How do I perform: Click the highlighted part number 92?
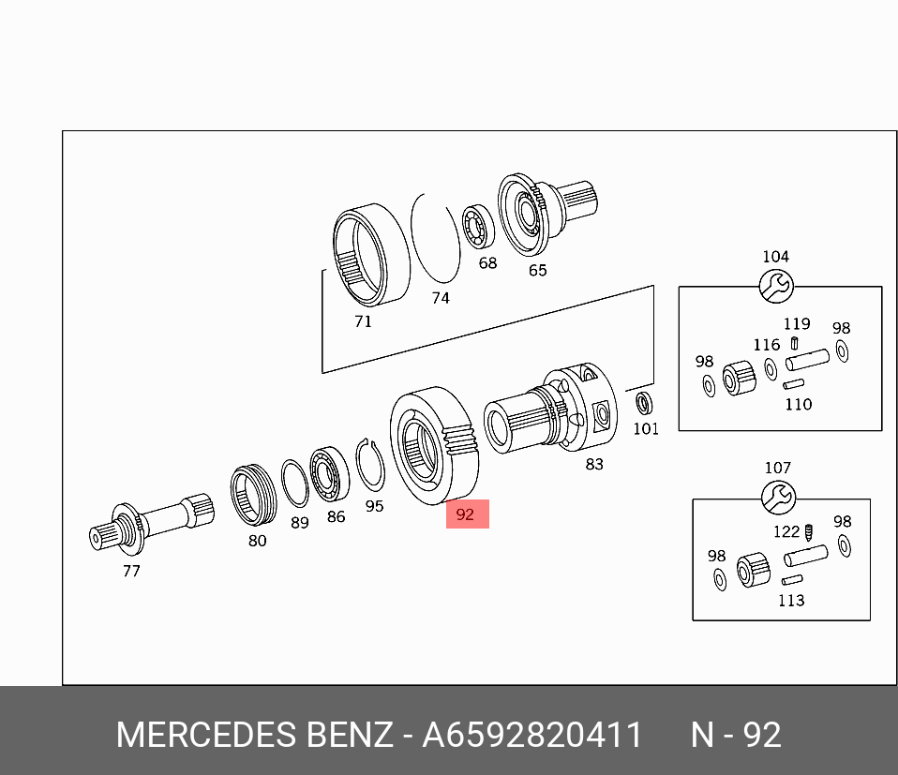pos(467,514)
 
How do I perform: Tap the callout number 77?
pos(131,570)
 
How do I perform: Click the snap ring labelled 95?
pos(370,464)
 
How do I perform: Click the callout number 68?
pos(487,262)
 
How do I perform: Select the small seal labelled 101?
pos(644,404)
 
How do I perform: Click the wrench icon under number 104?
pos(776,286)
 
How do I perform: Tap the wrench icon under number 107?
pos(778,498)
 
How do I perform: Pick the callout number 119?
pos(797,324)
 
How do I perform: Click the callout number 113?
pos(791,600)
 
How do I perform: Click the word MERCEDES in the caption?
pos(206,736)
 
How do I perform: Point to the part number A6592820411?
pos(532,736)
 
